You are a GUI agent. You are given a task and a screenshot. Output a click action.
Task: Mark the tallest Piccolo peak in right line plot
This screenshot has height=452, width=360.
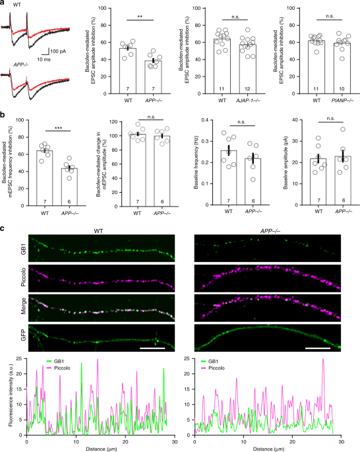323,359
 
